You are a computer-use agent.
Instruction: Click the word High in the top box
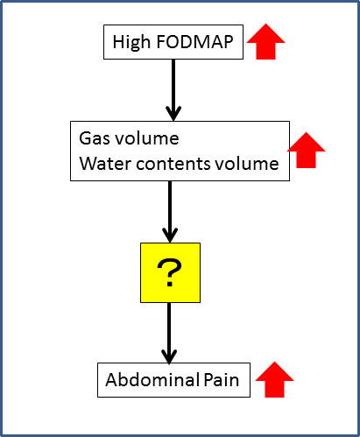(131, 42)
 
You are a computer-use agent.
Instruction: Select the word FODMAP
(195, 42)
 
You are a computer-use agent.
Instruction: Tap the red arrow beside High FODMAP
(265, 41)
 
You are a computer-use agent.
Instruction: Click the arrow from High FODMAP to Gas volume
(173, 90)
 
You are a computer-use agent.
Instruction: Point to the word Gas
(95, 138)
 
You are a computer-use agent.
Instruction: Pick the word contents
(173, 164)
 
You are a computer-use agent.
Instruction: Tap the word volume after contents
(247, 164)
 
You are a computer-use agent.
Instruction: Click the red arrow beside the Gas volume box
(306, 150)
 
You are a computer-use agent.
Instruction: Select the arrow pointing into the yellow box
(170, 212)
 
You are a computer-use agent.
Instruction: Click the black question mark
(169, 272)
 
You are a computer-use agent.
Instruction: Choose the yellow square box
(170, 272)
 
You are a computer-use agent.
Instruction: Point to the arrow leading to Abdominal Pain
(169, 333)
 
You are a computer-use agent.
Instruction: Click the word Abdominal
(152, 380)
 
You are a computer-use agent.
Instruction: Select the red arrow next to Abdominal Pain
(274, 379)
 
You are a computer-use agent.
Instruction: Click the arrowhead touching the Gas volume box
(173, 114)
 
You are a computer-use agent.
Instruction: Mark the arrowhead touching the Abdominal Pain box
(169, 356)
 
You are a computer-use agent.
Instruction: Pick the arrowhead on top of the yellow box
(170, 236)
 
